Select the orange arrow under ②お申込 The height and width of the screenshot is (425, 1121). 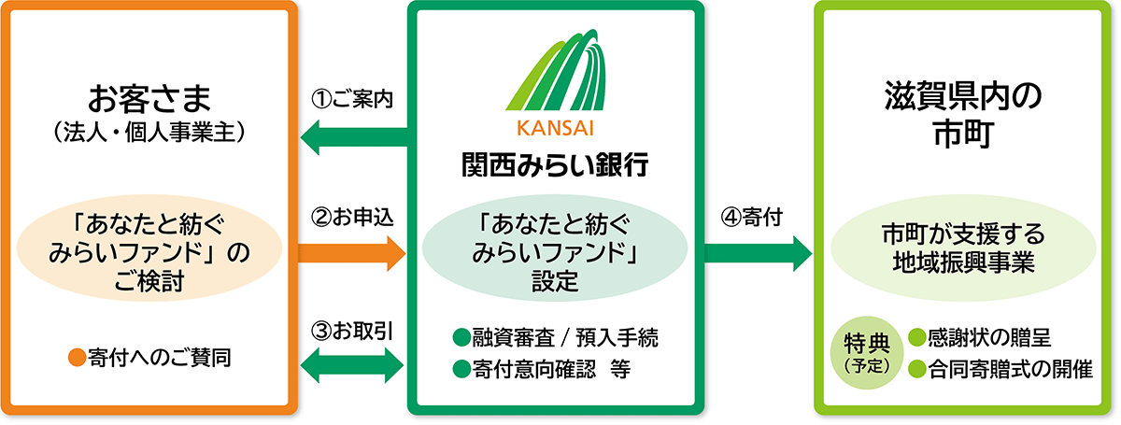coord(352,252)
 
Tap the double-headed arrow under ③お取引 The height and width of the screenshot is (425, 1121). coord(352,364)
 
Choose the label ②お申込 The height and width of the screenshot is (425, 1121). coord(352,216)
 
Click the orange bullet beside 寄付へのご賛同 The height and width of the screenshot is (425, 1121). coord(78,356)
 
